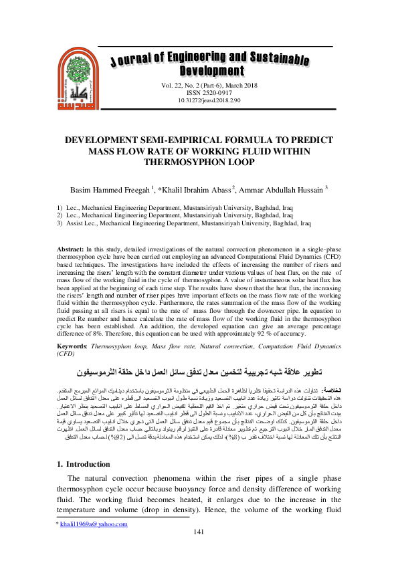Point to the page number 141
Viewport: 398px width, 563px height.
199,550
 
